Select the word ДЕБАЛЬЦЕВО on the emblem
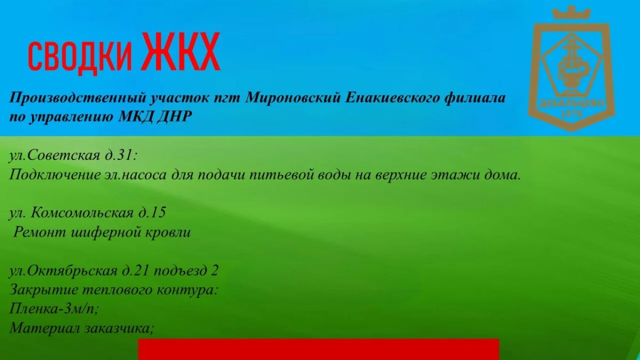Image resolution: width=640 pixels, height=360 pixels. pos(572,103)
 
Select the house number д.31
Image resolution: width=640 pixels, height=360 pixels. pos(121,155)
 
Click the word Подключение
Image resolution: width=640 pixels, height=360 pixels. pos(55,175)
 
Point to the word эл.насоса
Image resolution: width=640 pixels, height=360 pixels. pos(136,175)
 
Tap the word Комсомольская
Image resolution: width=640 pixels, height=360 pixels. pos(82,213)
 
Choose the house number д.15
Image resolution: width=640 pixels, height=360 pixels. pos(153,213)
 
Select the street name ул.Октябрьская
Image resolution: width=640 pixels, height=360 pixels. pos(63,270)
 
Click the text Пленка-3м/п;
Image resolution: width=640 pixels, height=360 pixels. pos(54,309)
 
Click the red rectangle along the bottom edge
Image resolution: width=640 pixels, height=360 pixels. pos(318,349)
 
